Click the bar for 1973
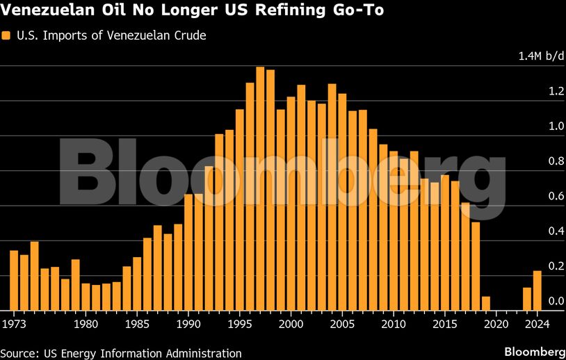click(14, 280)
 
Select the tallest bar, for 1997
click(260, 188)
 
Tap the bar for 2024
click(537, 291)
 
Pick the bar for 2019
click(485, 304)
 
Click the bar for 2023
click(526, 299)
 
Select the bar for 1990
click(188, 252)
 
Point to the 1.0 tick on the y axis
click(536, 126)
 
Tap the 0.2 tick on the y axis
click(536, 266)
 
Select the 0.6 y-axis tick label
click(536, 197)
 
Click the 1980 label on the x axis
click(86, 324)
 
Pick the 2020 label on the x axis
click(496, 324)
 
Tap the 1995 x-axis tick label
click(240, 324)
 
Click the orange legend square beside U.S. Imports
click(6, 35)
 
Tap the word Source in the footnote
click(18, 353)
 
